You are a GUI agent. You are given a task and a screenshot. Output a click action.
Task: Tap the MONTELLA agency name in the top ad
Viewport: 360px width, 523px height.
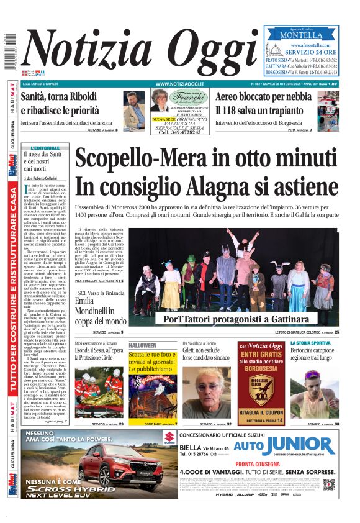click(301, 35)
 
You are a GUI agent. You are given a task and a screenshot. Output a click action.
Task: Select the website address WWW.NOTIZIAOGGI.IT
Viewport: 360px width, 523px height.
click(180, 83)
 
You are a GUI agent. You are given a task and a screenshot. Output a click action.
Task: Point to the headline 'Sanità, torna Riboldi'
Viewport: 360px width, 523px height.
click(58, 96)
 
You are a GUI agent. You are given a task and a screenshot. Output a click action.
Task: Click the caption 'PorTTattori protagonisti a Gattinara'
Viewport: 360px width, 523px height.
click(239, 319)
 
